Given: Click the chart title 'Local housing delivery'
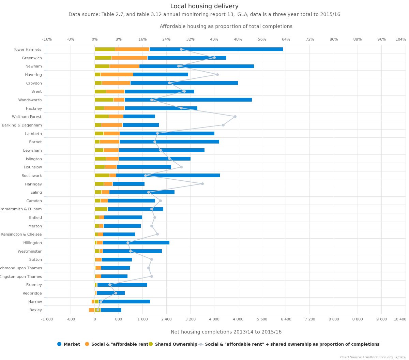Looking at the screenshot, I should tap(204, 6).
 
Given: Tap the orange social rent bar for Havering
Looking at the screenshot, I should tap(117, 75).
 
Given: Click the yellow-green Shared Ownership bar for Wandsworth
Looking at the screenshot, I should tap(104, 100).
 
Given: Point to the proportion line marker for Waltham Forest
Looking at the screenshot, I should tap(235, 117).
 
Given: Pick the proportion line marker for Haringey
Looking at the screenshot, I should tap(202, 184).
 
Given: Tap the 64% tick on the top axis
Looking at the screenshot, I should tap(286, 39).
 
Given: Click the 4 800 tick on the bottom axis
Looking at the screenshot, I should tap(238, 319).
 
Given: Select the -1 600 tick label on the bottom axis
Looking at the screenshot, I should tap(47, 319).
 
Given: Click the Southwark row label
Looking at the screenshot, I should tap(32, 176).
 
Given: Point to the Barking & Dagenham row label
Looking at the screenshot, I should tap(22, 125).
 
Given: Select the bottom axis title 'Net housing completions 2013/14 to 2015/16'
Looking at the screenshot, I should tap(226, 332).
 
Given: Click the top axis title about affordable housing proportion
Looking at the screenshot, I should tap(226, 27).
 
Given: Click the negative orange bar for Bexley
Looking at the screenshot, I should tap(91, 310).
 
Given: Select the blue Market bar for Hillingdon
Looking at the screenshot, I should tap(136, 243).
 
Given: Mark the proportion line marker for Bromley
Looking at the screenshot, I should tap(110, 285).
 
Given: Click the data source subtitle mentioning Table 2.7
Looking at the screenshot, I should tap(204, 15).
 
